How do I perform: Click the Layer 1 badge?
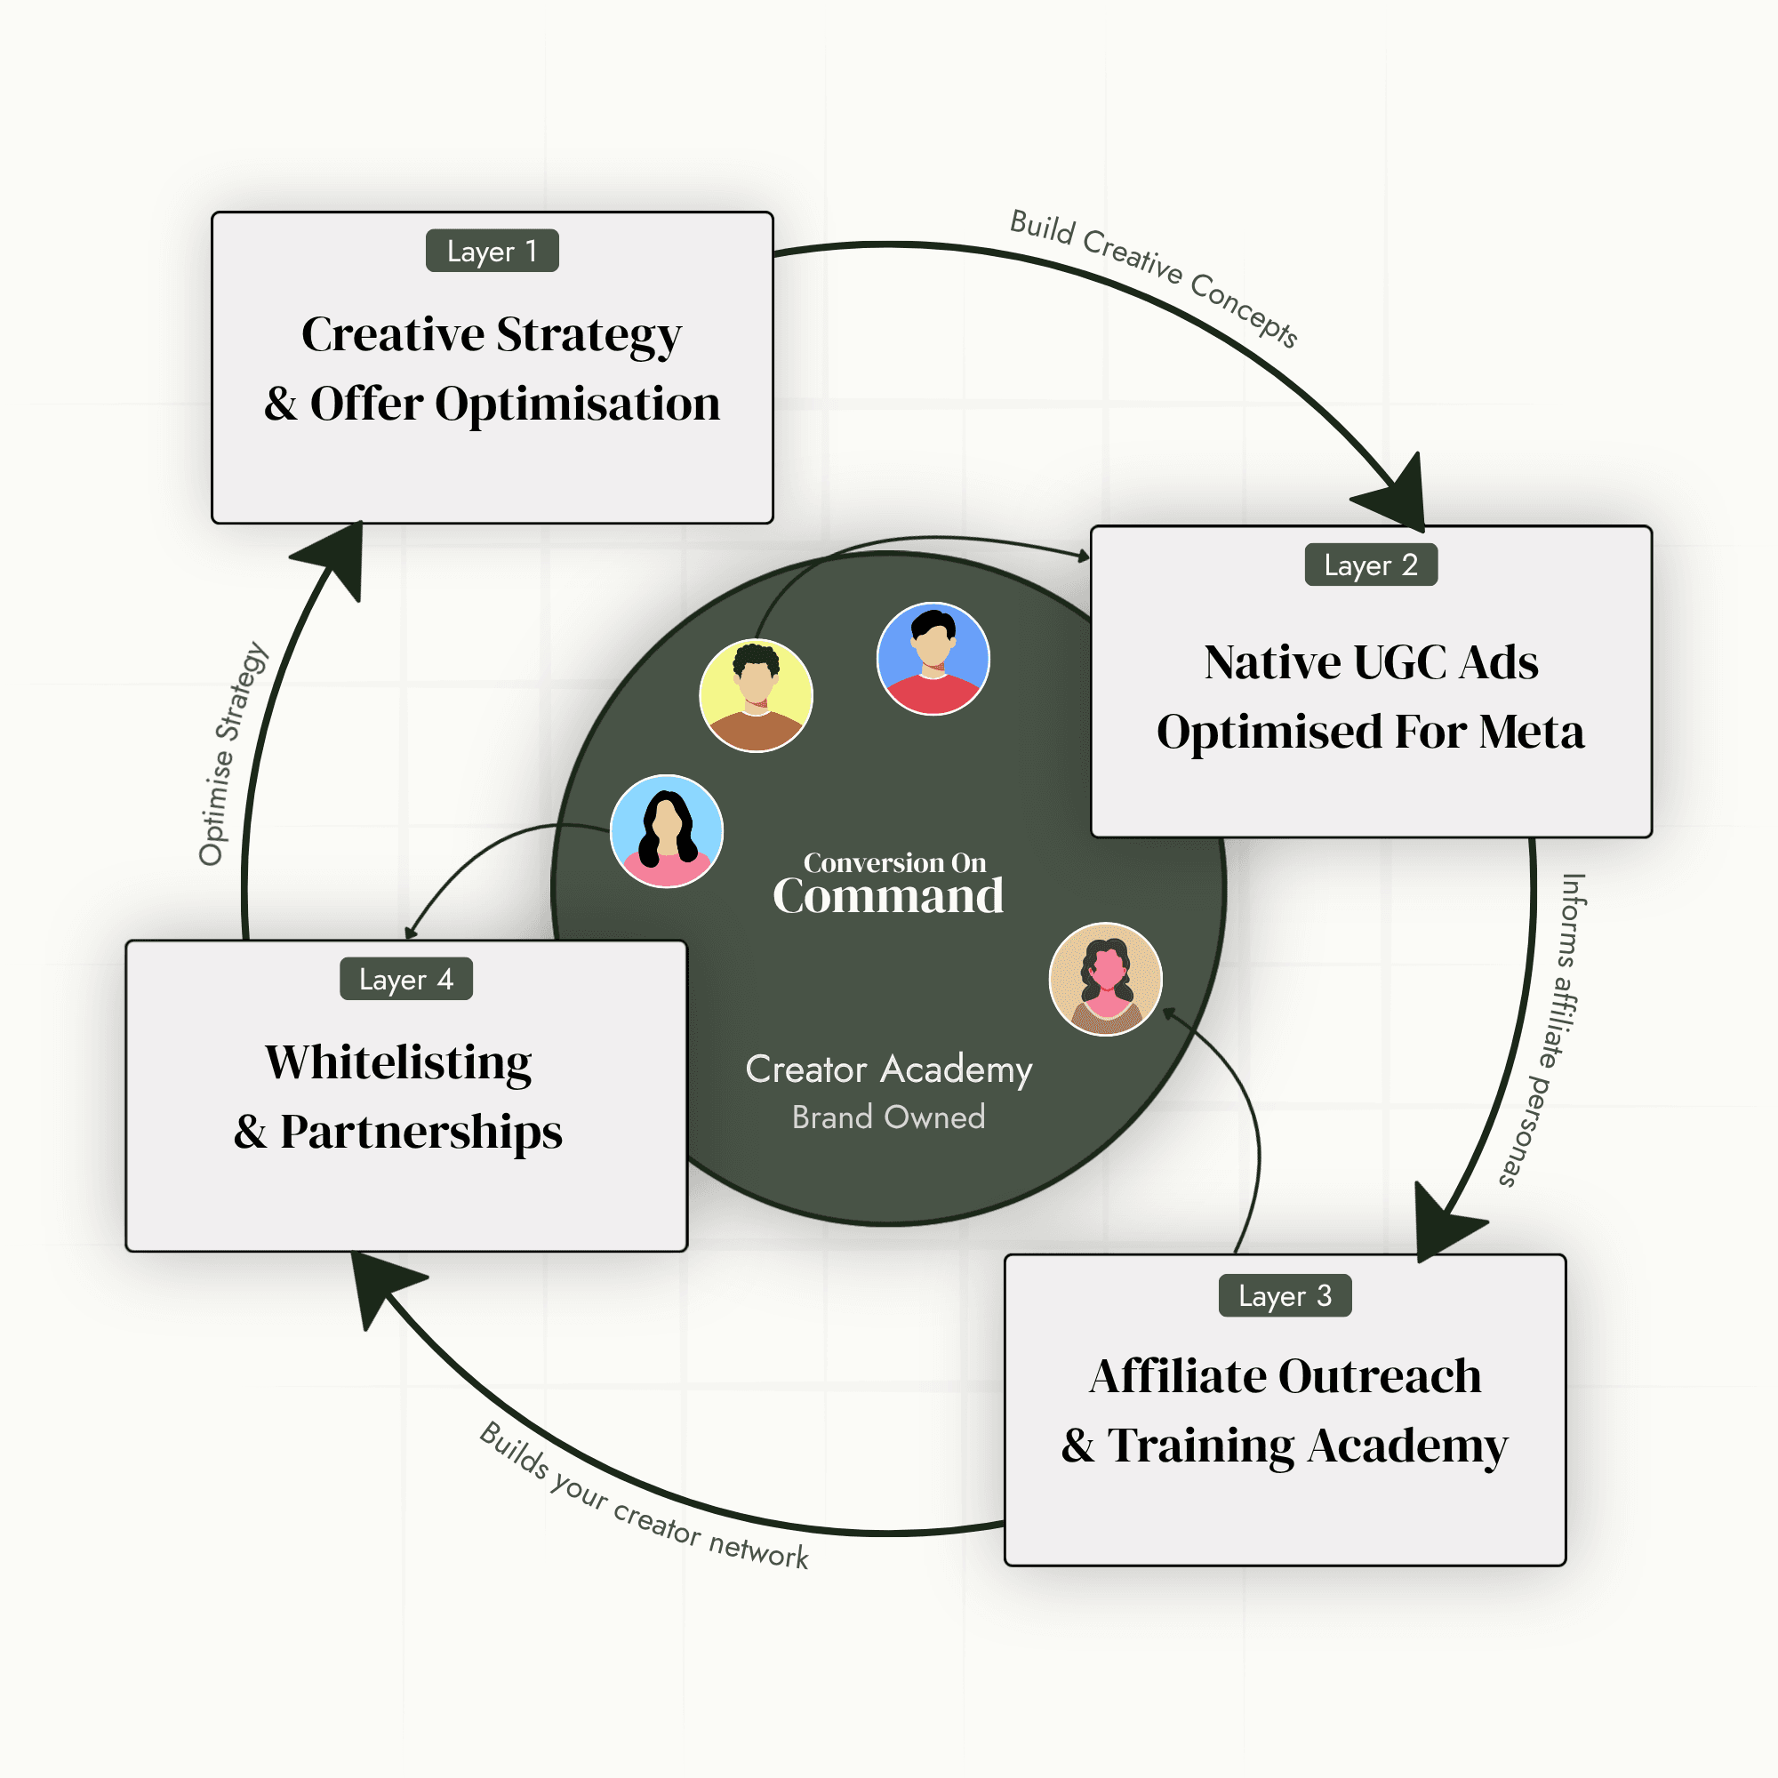[493, 251]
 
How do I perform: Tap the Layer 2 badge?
[1371, 565]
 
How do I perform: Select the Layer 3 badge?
[1285, 1295]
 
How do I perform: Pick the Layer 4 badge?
[406, 978]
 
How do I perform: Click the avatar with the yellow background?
[756, 696]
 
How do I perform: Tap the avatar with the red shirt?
[933, 659]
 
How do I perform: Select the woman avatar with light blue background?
[666, 831]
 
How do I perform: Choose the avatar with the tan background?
[1105, 979]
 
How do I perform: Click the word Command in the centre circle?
[888, 895]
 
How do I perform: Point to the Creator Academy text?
[888, 1069]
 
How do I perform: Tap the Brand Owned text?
[888, 1117]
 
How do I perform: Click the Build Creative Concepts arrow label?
[1154, 276]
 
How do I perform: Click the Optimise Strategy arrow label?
[233, 753]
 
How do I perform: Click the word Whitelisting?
[398, 1063]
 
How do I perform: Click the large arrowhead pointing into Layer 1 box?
[332, 557]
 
